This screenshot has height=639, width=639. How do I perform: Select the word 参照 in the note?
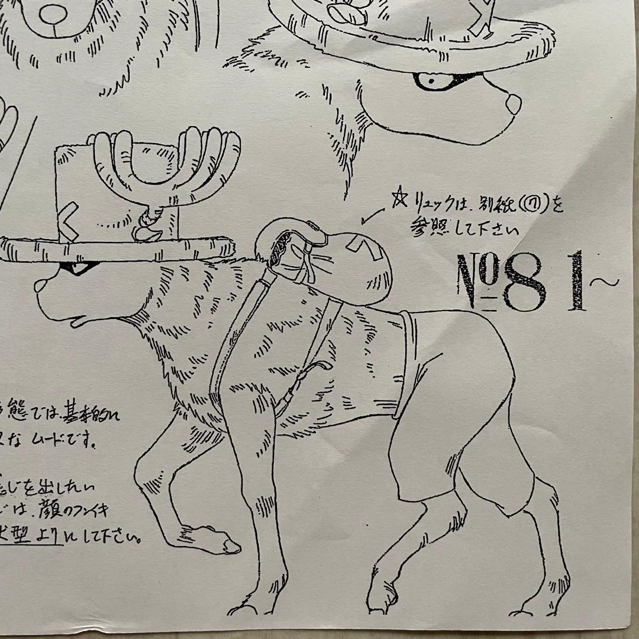(425, 228)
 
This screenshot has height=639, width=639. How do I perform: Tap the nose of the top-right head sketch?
(512, 102)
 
